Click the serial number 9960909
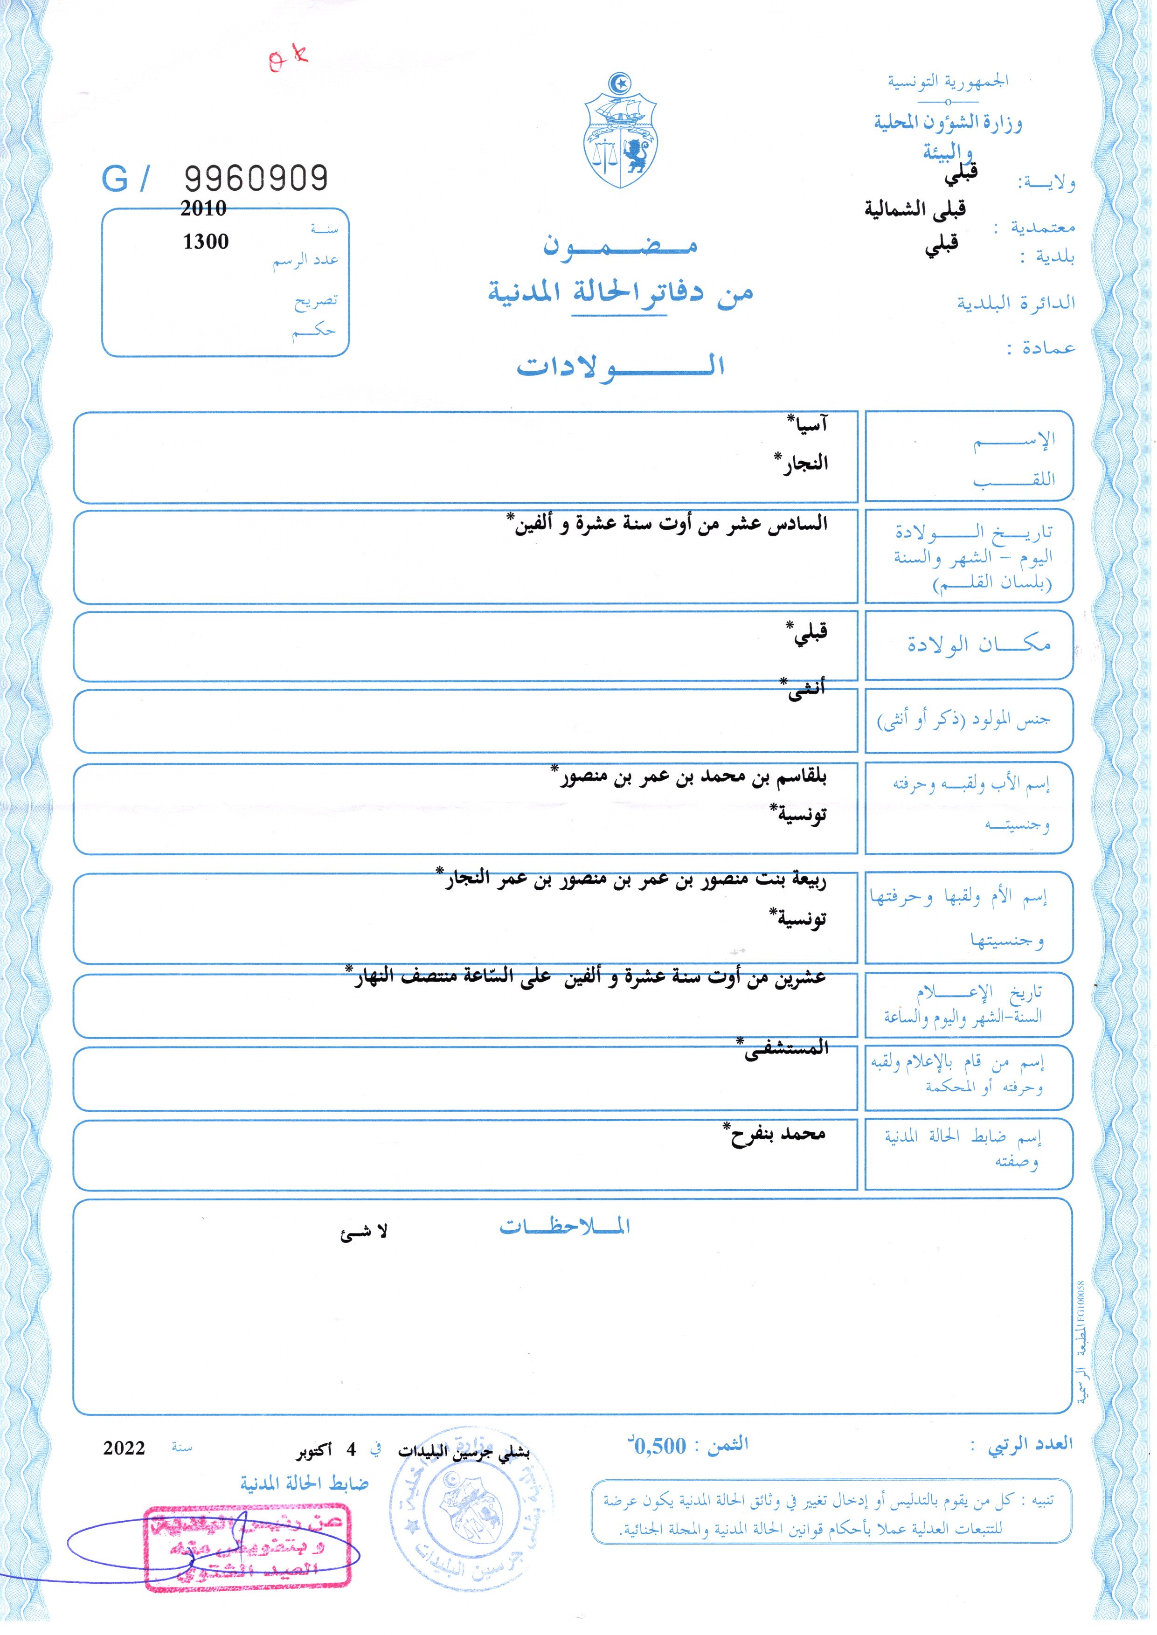click(x=256, y=178)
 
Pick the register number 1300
click(x=206, y=242)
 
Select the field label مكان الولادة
click(x=978, y=645)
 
